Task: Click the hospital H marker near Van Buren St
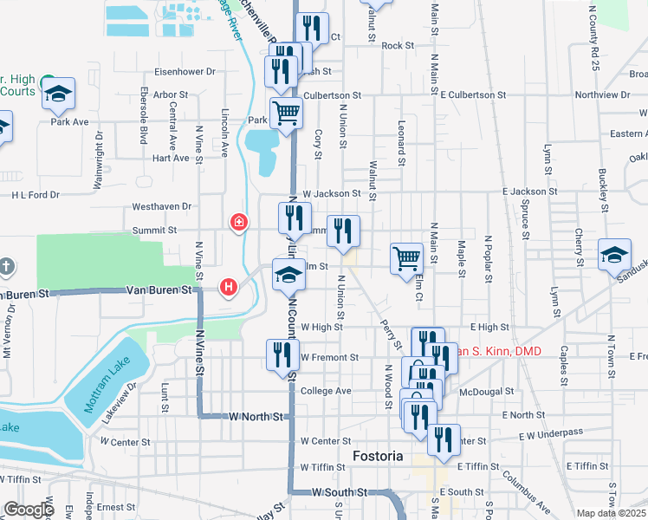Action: point(229,285)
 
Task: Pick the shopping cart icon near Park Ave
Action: point(286,112)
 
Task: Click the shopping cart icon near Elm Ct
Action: point(406,257)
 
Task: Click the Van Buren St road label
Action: point(158,289)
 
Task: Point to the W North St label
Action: point(256,417)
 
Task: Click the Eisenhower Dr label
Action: point(184,71)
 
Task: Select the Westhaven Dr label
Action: point(161,207)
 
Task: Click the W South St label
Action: point(340,492)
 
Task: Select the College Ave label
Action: point(326,391)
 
